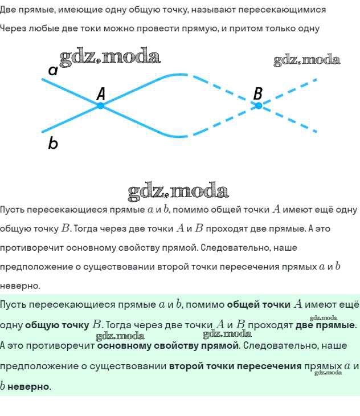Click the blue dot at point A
[100, 105]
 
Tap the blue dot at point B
[258, 105]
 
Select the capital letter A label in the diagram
[101, 93]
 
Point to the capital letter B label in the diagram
[257, 93]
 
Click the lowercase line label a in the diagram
[53, 71]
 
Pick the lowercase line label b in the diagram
[53, 144]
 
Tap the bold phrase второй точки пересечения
[235, 366]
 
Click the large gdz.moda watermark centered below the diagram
[178, 190]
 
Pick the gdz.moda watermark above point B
[306, 60]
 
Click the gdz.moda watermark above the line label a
[110, 56]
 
